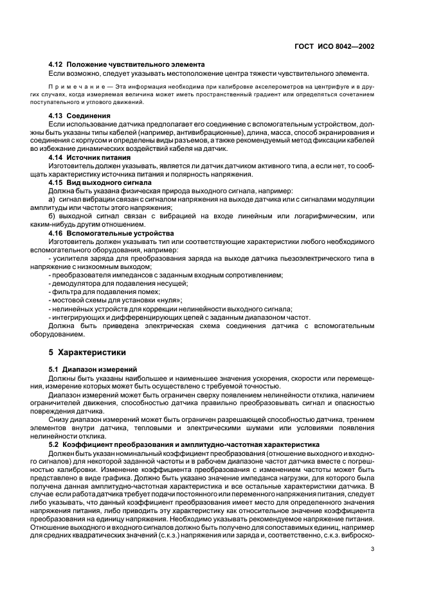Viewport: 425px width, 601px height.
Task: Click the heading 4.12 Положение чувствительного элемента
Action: pos(127,64)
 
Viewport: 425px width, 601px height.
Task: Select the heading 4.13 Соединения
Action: pos(80,116)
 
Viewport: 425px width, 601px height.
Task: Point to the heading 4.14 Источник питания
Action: pos(89,157)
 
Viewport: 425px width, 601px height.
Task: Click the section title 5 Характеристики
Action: pos(87,353)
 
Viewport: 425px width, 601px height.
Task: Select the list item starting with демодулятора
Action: pos(118,283)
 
